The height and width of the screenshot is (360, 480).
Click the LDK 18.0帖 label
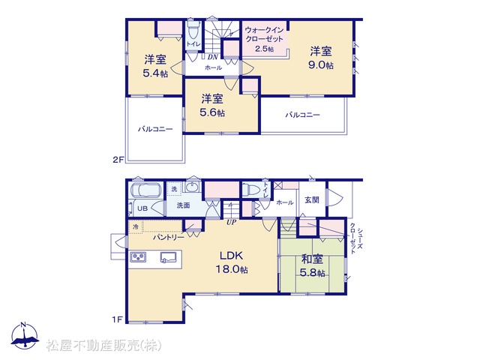pyautogui.click(x=232, y=262)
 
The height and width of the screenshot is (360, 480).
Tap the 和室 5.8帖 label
pyautogui.click(x=312, y=265)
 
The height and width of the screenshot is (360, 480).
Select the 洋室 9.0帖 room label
pyautogui.click(x=321, y=58)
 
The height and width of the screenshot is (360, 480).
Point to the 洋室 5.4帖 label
pyautogui.click(x=155, y=65)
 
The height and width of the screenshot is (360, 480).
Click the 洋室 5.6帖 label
pyautogui.click(x=212, y=105)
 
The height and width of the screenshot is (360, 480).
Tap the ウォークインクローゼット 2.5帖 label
pyautogui.click(x=264, y=39)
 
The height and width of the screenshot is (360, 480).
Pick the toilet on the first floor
pyautogui.click(x=251, y=190)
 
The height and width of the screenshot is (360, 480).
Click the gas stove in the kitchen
pyautogui.click(x=138, y=256)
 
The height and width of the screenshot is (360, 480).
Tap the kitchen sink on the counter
pyautogui.click(x=168, y=257)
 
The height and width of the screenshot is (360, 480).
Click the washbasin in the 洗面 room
pyautogui.click(x=192, y=187)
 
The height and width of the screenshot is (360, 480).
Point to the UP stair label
pyautogui.click(x=232, y=222)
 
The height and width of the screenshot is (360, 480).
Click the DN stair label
pyautogui.click(x=213, y=57)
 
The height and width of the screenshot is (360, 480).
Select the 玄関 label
pyautogui.click(x=312, y=200)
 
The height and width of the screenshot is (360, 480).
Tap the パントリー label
pyautogui.click(x=169, y=237)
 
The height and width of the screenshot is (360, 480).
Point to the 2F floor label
pyautogui.click(x=118, y=160)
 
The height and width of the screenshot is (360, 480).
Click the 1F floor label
pyautogui.click(x=117, y=320)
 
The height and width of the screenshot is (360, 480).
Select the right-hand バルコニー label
pyautogui.click(x=303, y=115)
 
